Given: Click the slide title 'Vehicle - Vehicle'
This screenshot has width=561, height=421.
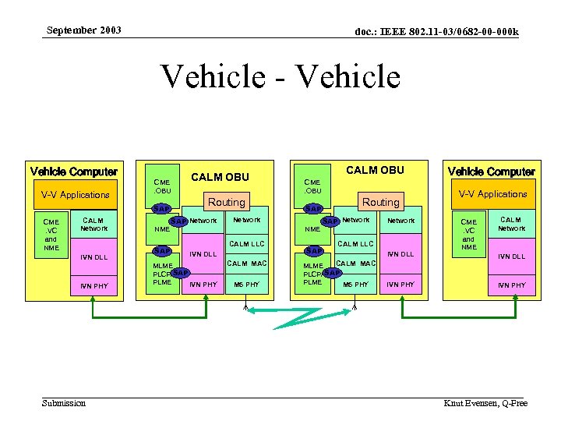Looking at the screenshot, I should (x=280, y=77).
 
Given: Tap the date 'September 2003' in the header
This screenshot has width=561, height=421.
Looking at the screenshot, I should (x=83, y=30).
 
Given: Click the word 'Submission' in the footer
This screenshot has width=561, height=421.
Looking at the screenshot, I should (x=64, y=402).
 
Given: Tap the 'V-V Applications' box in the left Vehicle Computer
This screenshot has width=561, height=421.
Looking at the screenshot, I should (x=75, y=195).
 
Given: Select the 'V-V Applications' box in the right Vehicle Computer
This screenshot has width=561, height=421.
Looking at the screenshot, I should (x=492, y=194).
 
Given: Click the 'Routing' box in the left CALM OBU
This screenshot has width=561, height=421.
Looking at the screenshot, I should (x=226, y=202).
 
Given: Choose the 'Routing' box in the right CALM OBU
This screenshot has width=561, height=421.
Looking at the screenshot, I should (x=380, y=202).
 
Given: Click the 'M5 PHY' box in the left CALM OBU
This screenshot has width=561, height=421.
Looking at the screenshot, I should (x=247, y=285).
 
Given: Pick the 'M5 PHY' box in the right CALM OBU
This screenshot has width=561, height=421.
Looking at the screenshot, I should (x=355, y=285).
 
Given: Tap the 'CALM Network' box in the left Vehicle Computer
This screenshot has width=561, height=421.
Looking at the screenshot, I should (x=94, y=225).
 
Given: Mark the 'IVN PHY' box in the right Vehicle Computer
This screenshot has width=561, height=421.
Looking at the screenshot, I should (x=511, y=285).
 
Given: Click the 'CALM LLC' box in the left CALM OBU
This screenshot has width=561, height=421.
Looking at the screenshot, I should (x=247, y=244).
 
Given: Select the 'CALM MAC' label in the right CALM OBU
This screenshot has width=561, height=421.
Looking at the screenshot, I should (x=356, y=264).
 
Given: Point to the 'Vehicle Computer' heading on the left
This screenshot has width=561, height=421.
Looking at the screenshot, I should (x=73, y=172).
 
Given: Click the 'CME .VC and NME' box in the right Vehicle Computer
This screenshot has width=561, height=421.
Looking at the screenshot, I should (x=468, y=234).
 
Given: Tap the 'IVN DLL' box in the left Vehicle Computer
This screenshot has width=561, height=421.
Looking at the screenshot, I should (x=94, y=257).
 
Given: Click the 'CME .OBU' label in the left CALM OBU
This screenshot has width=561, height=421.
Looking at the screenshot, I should (x=162, y=186).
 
